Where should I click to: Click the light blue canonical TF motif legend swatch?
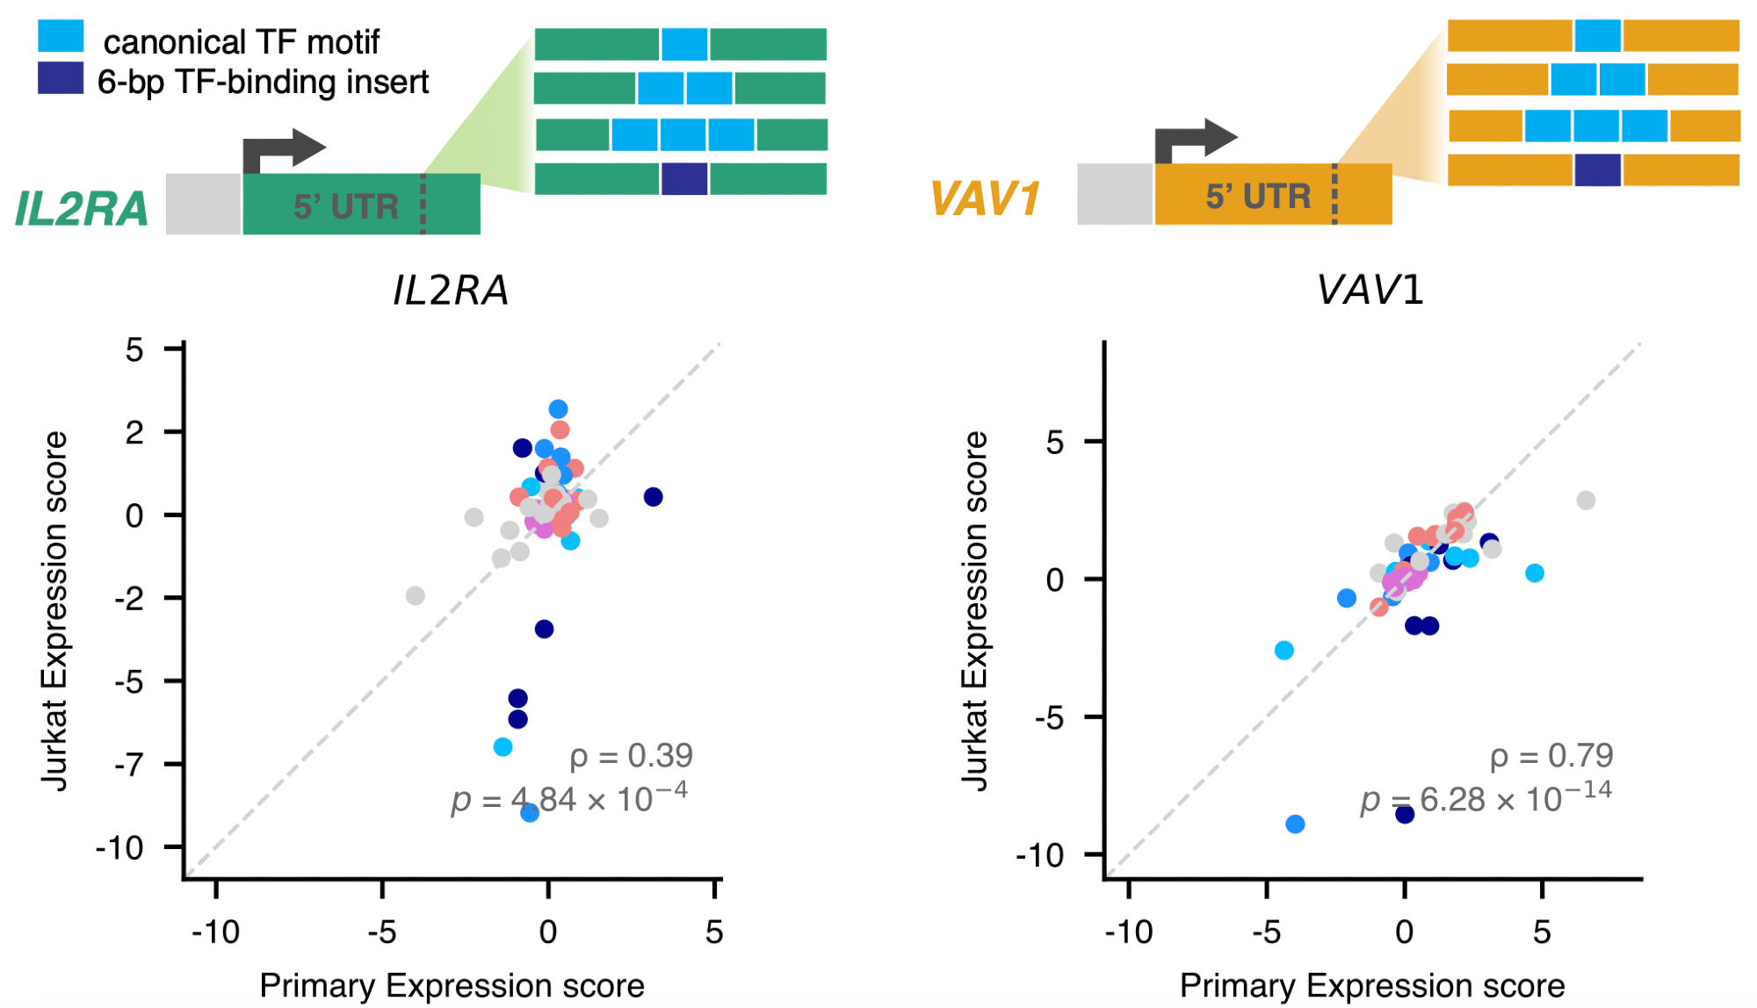[x=61, y=37]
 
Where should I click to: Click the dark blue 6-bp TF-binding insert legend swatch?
[x=61, y=78]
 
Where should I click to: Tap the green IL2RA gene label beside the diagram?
[x=82, y=209]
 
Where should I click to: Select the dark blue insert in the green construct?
[x=683, y=178]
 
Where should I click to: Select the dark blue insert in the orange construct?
[x=1597, y=169]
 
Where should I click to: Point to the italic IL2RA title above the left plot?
[x=451, y=291]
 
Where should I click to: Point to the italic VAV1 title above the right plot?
[x=1370, y=291]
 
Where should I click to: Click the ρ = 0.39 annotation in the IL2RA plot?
[x=631, y=755]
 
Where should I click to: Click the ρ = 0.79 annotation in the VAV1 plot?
[x=1551, y=755]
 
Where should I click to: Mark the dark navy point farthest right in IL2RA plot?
[x=653, y=497]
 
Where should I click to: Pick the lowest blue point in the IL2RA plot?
[x=530, y=813]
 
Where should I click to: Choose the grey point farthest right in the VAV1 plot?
[x=1586, y=500]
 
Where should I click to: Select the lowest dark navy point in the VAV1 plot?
[x=1405, y=814]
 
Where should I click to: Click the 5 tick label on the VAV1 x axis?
[x=1542, y=932]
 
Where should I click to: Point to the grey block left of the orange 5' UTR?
[x=1115, y=194]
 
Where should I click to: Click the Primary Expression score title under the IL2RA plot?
[x=452, y=986]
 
